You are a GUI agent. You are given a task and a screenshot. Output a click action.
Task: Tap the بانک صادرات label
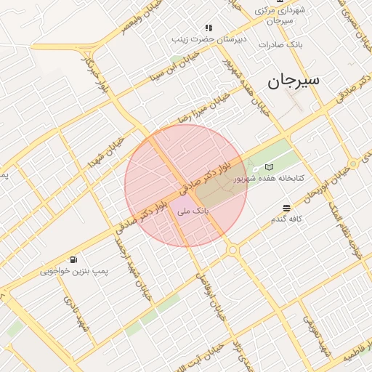(x=284, y=45)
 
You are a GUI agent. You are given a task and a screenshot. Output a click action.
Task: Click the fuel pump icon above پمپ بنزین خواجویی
(x=73, y=259)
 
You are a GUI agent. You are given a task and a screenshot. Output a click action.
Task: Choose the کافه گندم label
(x=287, y=219)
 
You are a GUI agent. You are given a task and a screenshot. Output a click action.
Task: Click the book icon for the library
(x=270, y=167)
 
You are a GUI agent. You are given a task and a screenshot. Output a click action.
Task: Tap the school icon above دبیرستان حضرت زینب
(x=209, y=28)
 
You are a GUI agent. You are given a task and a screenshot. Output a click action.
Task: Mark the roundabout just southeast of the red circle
(x=232, y=250)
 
